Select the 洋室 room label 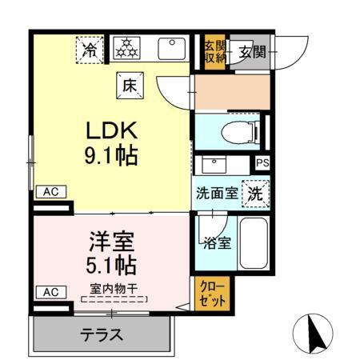point(110,241)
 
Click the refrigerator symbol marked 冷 point(91,50)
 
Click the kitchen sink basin point(172,50)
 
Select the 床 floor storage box point(129,82)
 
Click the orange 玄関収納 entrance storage point(213,53)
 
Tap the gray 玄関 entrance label point(246,54)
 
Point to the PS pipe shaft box point(262,163)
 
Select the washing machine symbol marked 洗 point(254,193)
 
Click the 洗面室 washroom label point(216,194)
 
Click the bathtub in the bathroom point(254,243)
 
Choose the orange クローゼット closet point(212,293)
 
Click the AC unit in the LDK point(50,192)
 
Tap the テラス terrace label point(102,334)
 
